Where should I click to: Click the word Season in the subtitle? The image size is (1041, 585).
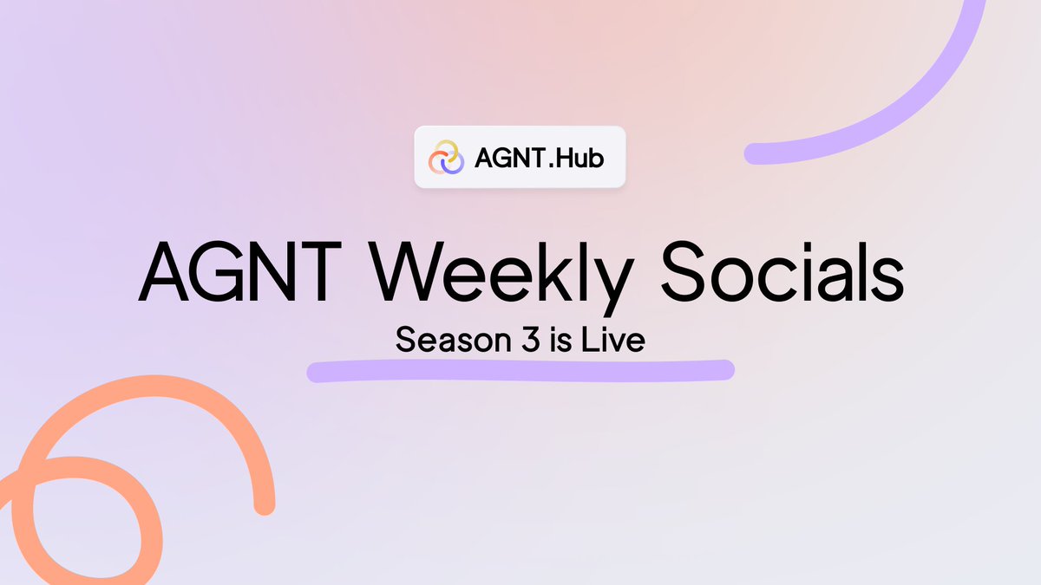pyautogui.click(x=443, y=340)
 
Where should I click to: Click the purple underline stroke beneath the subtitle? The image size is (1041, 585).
pyautogui.click(x=520, y=371)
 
